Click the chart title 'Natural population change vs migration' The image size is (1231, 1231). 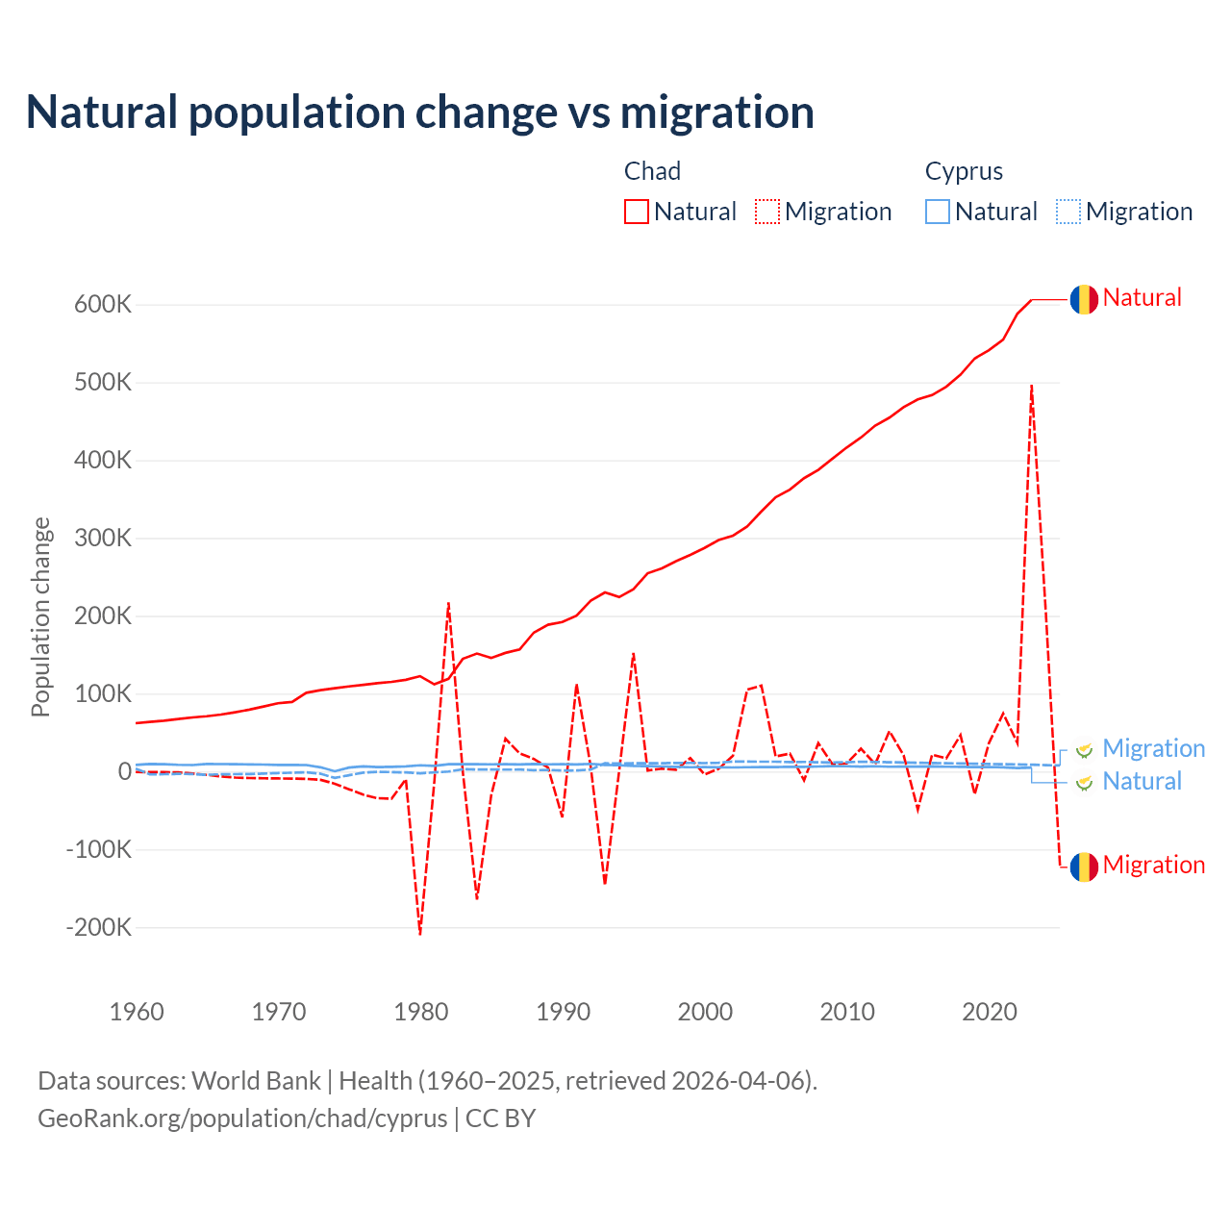(x=420, y=113)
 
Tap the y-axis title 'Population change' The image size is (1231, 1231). (x=40, y=616)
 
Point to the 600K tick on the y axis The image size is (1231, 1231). (x=103, y=305)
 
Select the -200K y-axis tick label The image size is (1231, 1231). (x=98, y=928)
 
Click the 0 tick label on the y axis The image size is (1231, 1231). (x=125, y=771)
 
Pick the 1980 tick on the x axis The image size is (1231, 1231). (x=421, y=1012)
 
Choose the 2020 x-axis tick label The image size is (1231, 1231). (x=990, y=1012)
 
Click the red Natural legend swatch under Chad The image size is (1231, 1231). (x=636, y=212)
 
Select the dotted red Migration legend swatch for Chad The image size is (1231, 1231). (x=767, y=212)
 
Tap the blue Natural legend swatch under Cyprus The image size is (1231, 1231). (x=938, y=212)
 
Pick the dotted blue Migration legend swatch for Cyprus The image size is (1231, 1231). (x=1068, y=212)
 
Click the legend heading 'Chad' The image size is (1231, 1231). (x=652, y=171)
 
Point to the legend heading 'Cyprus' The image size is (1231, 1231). (x=964, y=171)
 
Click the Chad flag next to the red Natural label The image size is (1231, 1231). (x=1084, y=299)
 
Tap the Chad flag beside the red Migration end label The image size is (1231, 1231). (x=1084, y=867)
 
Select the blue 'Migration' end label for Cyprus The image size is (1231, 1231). (x=1153, y=748)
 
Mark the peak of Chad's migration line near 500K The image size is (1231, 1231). (x=1032, y=387)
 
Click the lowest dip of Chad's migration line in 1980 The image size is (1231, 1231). (x=420, y=932)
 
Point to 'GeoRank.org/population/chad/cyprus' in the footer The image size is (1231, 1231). (x=242, y=1118)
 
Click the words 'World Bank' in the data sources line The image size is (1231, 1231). (x=256, y=1081)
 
